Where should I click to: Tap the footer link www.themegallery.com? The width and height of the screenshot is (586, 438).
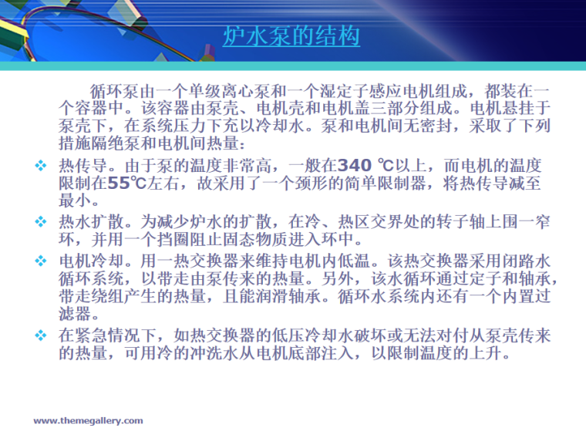click(x=88, y=420)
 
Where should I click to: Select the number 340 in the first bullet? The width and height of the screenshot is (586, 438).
click(x=355, y=165)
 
